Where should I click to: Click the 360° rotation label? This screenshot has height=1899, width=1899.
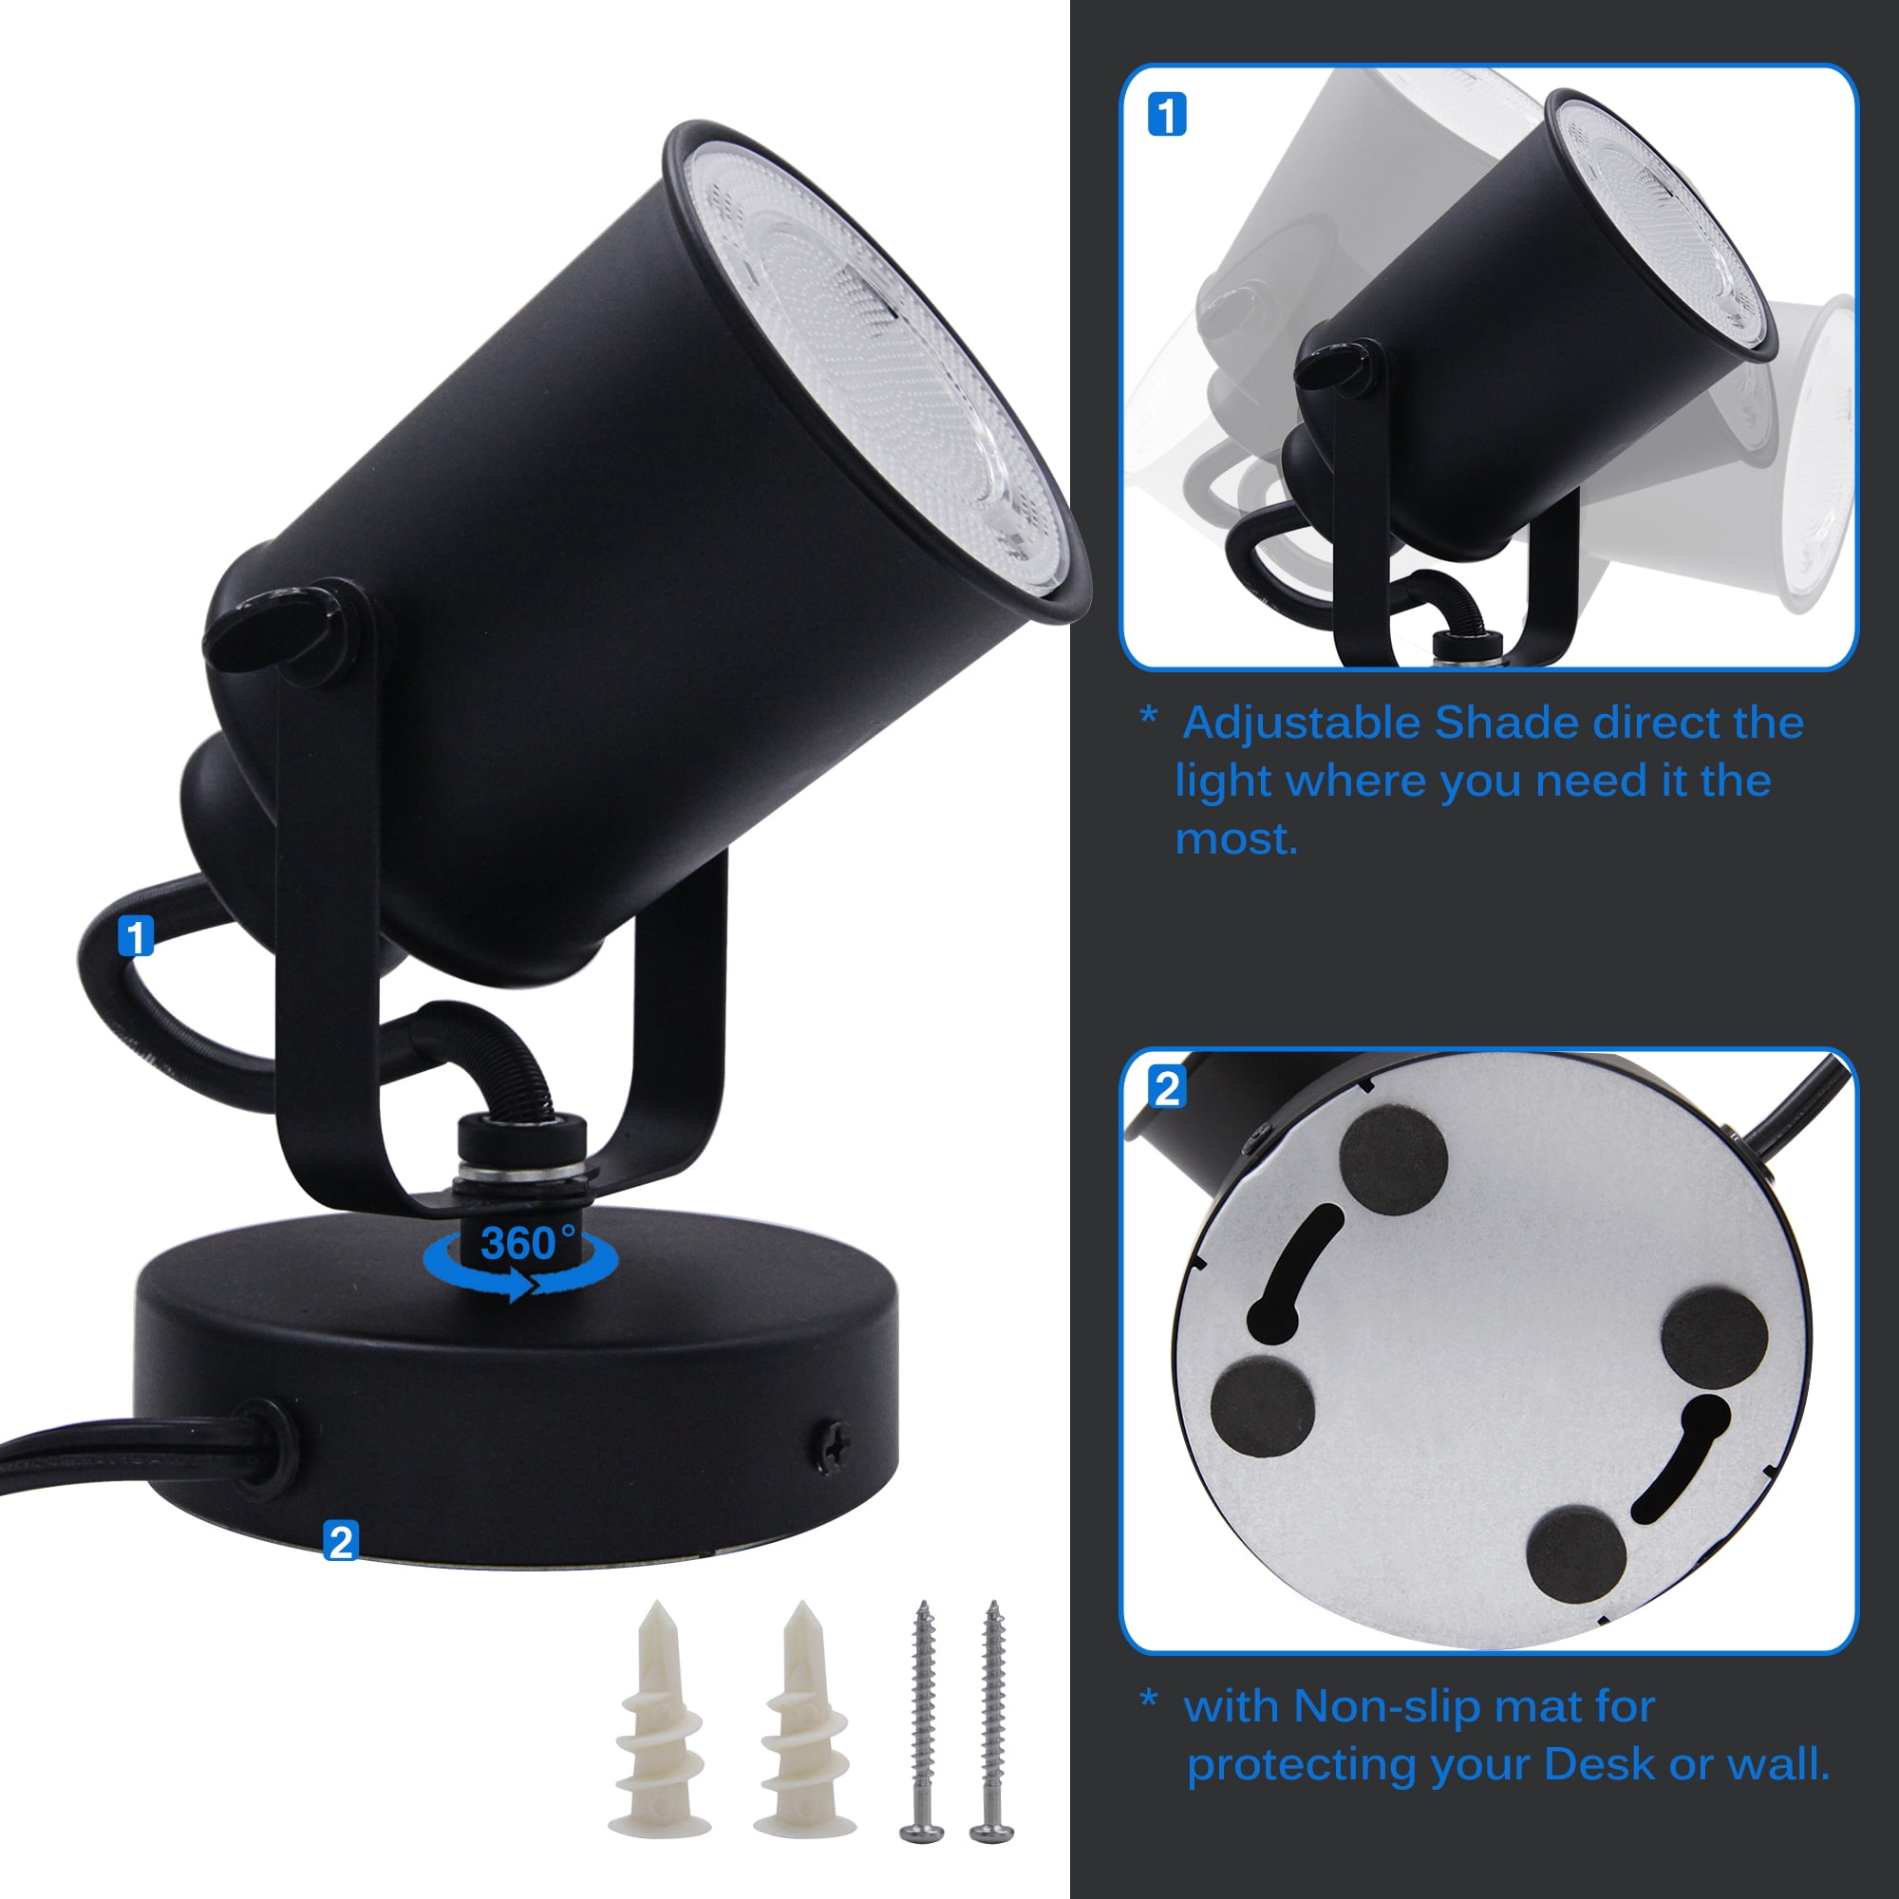click(x=528, y=1244)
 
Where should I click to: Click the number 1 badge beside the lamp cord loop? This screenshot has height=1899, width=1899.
click(x=136, y=936)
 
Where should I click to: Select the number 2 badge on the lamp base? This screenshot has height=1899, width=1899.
click(x=340, y=1540)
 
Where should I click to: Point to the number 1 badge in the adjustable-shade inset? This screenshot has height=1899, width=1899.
click(x=1167, y=114)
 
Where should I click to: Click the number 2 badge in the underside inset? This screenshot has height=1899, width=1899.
click(x=1167, y=1088)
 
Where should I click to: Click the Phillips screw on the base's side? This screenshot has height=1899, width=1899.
click(x=832, y=1444)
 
